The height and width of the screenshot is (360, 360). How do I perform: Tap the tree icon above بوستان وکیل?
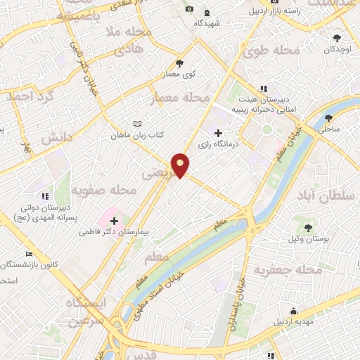(307, 228)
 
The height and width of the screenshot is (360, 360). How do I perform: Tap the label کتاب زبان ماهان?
(136, 134)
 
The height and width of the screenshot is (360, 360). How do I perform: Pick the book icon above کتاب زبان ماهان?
(137, 123)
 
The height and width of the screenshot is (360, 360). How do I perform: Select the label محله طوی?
(269, 51)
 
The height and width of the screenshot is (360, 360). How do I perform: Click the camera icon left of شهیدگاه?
(189, 8)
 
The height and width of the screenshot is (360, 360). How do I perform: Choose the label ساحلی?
(328, 129)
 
